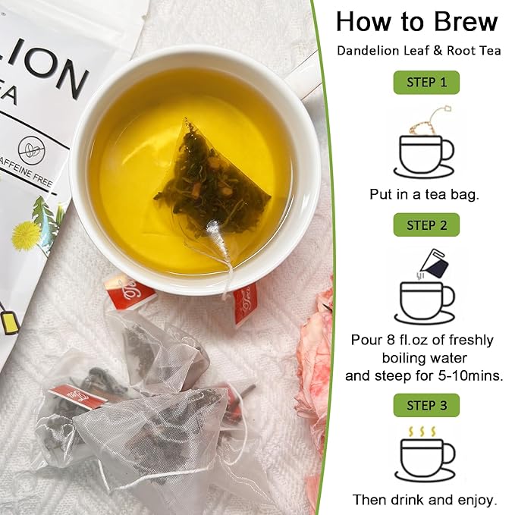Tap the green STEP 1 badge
click(x=426, y=82)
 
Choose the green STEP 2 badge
click(x=426, y=225)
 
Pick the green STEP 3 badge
click(x=426, y=405)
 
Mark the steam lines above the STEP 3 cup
click(x=422, y=431)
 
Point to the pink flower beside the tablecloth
click(x=314, y=356)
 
